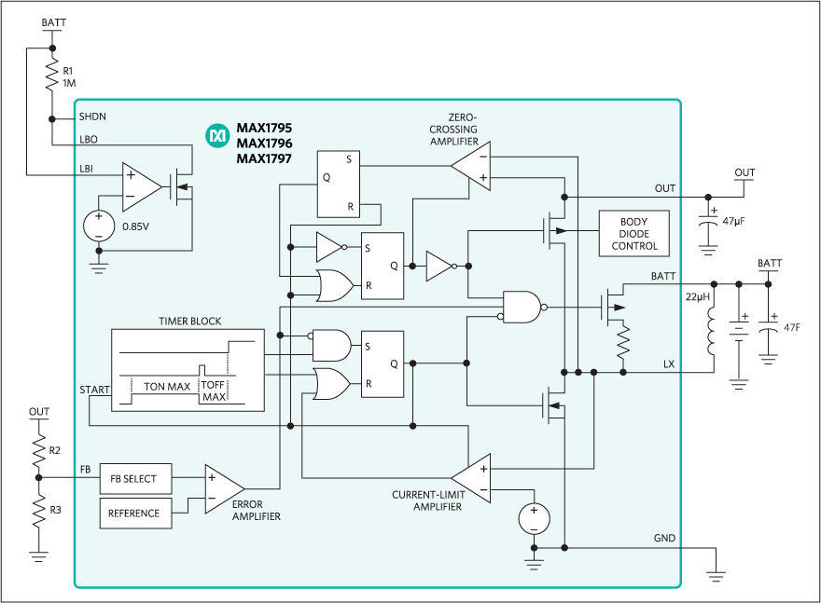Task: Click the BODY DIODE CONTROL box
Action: click(x=633, y=234)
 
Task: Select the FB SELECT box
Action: click(x=134, y=479)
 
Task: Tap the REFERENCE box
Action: click(x=134, y=514)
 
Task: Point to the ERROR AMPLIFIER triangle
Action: click(x=223, y=487)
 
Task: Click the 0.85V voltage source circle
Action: click(x=98, y=225)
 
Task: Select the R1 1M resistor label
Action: click(x=68, y=77)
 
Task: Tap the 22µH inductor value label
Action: click(x=697, y=296)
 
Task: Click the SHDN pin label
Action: click(x=92, y=116)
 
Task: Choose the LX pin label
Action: click(x=669, y=363)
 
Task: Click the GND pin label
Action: click(x=664, y=539)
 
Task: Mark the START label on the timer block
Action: click(x=95, y=390)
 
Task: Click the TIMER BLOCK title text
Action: click(x=190, y=321)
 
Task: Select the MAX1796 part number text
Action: click(x=264, y=144)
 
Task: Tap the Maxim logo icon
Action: click(x=217, y=136)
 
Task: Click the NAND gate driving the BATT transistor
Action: click(x=521, y=306)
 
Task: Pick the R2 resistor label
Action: click(x=56, y=449)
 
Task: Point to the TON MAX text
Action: click(x=167, y=385)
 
